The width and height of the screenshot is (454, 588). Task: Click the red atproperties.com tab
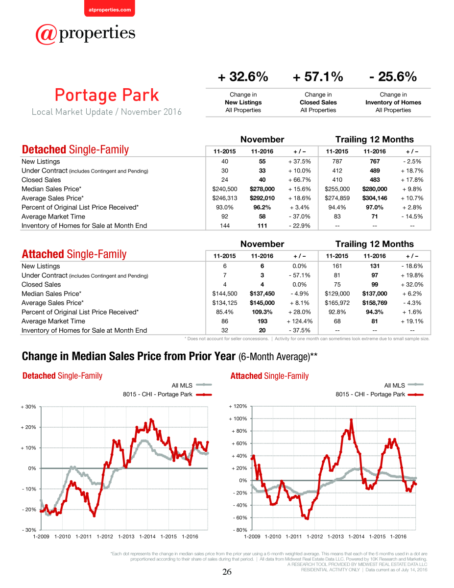(x=110, y=8)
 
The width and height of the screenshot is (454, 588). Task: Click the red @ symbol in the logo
(x=46, y=34)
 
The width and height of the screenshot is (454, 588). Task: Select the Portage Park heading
(x=107, y=95)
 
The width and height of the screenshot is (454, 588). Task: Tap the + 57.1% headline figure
(x=318, y=76)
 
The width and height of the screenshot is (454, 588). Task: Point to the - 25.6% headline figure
(x=393, y=76)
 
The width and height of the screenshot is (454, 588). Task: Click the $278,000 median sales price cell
(x=262, y=189)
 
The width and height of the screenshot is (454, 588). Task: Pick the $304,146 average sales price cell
(x=375, y=198)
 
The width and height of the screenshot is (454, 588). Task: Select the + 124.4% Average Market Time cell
(x=300, y=321)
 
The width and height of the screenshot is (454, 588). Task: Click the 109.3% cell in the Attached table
(x=262, y=312)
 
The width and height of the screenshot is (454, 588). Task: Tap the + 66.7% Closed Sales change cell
(x=300, y=180)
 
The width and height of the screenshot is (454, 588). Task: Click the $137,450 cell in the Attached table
(x=262, y=294)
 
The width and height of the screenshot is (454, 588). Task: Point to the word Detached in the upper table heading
(x=44, y=149)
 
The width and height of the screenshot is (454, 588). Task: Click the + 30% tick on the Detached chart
(x=28, y=407)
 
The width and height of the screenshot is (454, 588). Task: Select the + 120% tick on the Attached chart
(x=238, y=406)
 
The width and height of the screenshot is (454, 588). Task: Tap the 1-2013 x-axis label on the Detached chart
(x=126, y=537)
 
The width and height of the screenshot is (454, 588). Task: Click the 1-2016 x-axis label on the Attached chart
(x=398, y=537)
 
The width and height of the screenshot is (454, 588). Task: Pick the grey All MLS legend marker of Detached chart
(x=204, y=385)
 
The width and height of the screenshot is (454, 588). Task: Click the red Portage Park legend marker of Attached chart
(x=415, y=394)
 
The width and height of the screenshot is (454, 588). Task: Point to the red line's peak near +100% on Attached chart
(x=351, y=420)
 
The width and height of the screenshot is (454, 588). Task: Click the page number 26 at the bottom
(x=227, y=572)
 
